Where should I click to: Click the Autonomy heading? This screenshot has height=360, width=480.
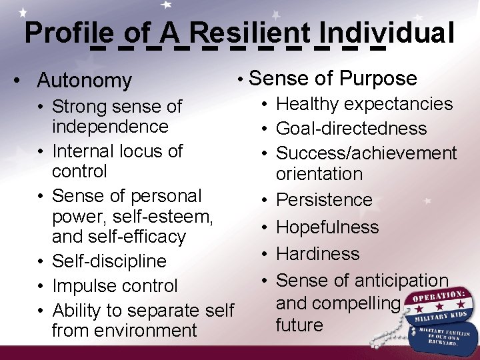(x=85, y=81)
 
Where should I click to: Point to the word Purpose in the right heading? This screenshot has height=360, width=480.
(x=378, y=79)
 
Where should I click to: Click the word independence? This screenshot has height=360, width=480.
(x=110, y=126)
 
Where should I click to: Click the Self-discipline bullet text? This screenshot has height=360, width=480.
(x=109, y=261)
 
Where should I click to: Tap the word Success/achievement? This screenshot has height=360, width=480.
(x=367, y=153)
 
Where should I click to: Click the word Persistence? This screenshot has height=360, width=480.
(x=324, y=200)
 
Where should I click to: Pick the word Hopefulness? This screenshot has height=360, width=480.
(x=327, y=227)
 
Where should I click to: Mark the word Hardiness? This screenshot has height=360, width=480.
(x=318, y=254)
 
